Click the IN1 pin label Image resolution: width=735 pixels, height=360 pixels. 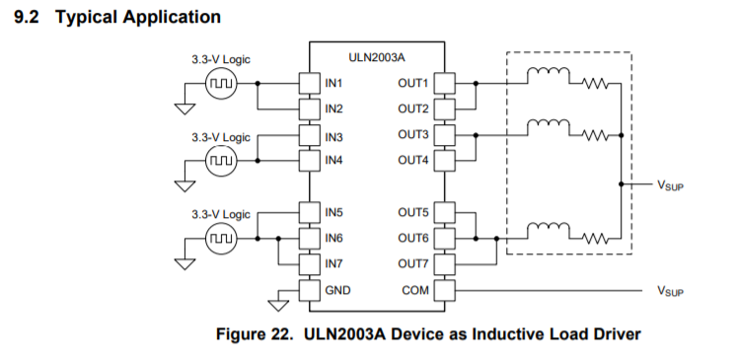[334, 83]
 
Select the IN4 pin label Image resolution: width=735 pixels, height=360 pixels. [334, 160]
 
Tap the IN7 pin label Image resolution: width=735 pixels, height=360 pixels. [334, 263]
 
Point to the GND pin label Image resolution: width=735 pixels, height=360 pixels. [337, 290]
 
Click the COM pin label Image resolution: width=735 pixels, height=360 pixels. [414, 290]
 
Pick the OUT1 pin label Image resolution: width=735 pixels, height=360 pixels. [413, 83]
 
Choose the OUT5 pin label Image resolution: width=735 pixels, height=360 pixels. [413, 212]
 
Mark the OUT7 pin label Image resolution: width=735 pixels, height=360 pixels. [413, 263]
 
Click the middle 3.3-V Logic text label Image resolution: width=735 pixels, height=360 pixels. [221, 137]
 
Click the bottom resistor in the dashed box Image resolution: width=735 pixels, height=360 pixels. [593, 238]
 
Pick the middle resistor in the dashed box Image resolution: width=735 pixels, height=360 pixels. [593, 135]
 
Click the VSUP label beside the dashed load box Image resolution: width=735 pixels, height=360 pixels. [670, 184]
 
